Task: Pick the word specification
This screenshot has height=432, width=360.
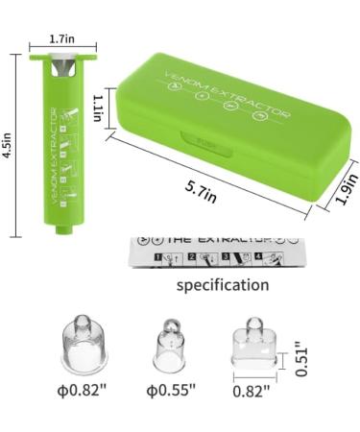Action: tap(222, 285)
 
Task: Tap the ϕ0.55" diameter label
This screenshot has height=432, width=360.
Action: tap(172, 389)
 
